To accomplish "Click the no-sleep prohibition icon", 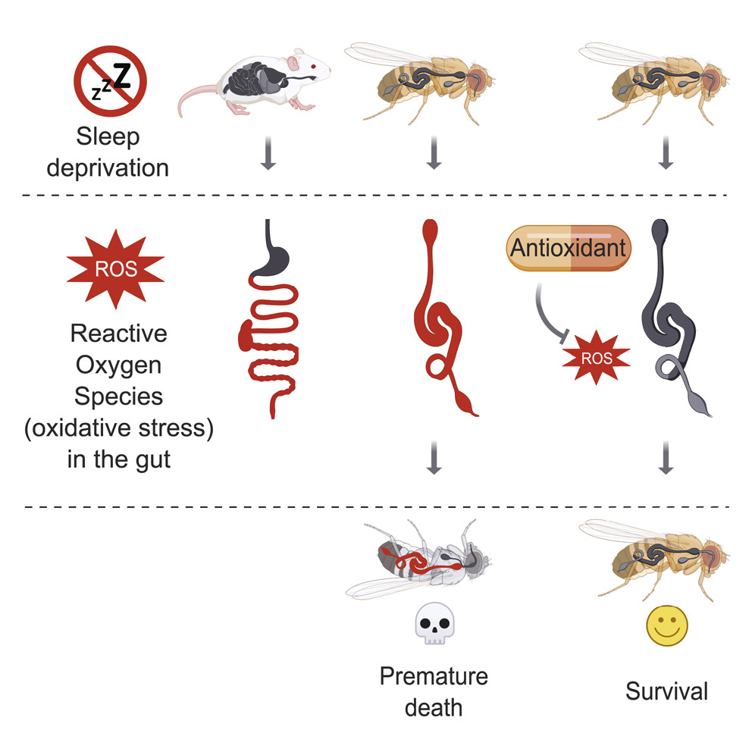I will tap(110, 81).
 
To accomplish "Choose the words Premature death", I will tap(433, 691).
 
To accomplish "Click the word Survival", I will tap(666, 691).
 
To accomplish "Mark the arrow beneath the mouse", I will tap(268, 155).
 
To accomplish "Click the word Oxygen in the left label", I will tap(118, 365).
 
